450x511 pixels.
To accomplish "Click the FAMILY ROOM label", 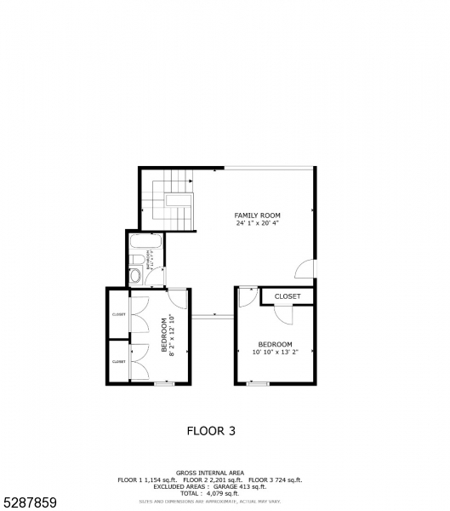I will point(258,215).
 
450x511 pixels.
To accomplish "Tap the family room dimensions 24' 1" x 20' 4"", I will point(258,223).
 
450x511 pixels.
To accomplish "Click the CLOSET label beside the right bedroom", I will point(288,296).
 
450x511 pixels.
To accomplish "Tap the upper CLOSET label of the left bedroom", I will point(118,314).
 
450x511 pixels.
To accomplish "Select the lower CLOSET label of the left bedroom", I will point(118,362).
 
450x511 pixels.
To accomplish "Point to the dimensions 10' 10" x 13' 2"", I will point(275,352).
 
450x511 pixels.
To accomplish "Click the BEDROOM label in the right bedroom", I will point(275,344).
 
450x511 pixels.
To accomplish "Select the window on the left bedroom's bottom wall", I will point(163,384).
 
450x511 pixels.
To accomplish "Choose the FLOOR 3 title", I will point(211,431).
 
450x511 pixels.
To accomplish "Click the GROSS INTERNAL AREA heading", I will point(210,473).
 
